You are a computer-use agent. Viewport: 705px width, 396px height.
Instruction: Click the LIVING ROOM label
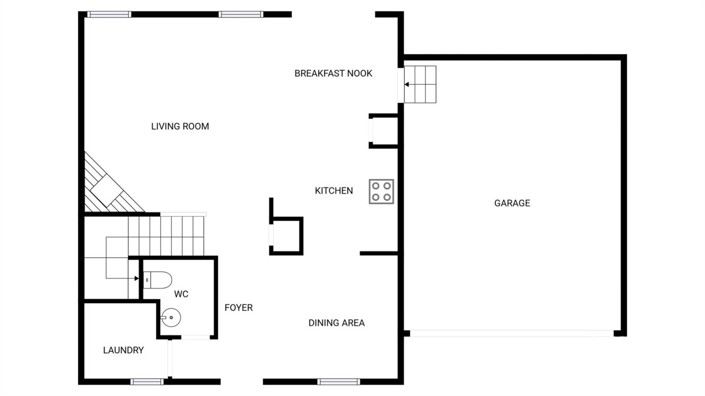point(180,126)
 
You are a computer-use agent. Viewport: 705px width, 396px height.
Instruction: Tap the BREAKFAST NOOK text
point(333,73)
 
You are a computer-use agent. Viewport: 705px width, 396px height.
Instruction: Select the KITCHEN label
point(334,190)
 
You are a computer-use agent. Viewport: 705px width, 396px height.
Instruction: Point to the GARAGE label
point(512,203)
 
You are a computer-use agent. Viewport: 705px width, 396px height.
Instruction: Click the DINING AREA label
point(337,323)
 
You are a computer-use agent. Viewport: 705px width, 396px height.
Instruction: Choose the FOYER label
point(239,307)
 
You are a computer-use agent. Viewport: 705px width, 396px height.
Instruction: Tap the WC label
point(181,294)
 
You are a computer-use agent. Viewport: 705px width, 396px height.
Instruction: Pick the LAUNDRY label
point(123,350)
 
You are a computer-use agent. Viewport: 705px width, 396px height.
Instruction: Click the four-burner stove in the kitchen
point(381,192)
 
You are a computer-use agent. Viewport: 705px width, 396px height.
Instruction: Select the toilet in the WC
point(157,280)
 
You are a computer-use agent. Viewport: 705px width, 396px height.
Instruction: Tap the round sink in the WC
point(171,317)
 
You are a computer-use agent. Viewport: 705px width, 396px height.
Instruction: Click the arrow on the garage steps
point(407,85)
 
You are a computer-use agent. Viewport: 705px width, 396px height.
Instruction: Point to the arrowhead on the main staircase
point(136,278)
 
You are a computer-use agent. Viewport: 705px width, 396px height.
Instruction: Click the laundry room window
point(147,382)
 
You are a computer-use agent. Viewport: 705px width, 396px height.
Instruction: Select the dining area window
point(338,382)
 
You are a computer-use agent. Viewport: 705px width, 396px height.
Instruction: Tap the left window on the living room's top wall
point(109,14)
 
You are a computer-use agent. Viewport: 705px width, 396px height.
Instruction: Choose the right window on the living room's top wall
point(241,14)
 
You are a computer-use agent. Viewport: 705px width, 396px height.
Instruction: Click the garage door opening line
point(512,333)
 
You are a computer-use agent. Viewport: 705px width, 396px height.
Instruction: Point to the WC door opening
point(196,337)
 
